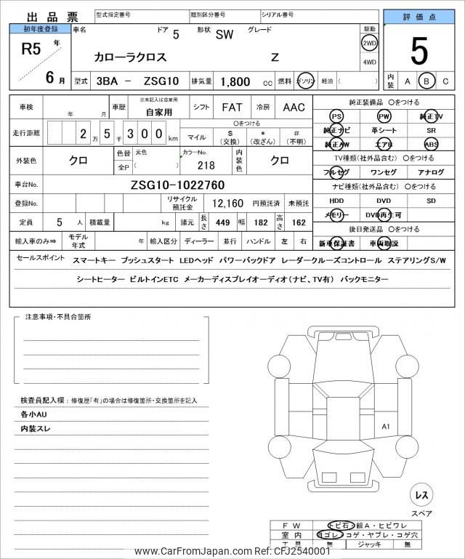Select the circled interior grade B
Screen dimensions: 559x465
(x=427, y=81)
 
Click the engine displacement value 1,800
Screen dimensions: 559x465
(x=236, y=82)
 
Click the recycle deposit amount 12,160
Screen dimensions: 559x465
(x=227, y=204)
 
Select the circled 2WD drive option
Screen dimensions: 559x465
(x=370, y=43)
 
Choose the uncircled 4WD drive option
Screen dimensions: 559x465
(x=370, y=62)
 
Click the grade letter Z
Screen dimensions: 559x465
(x=275, y=56)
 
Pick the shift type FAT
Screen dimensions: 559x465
(x=232, y=108)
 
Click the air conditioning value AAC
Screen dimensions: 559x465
(x=294, y=108)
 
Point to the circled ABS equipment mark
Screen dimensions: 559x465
(x=432, y=144)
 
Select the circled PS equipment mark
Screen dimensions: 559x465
(x=336, y=116)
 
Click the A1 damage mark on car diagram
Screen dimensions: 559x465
(x=386, y=426)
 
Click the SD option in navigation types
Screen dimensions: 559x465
(x=432, y=200)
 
